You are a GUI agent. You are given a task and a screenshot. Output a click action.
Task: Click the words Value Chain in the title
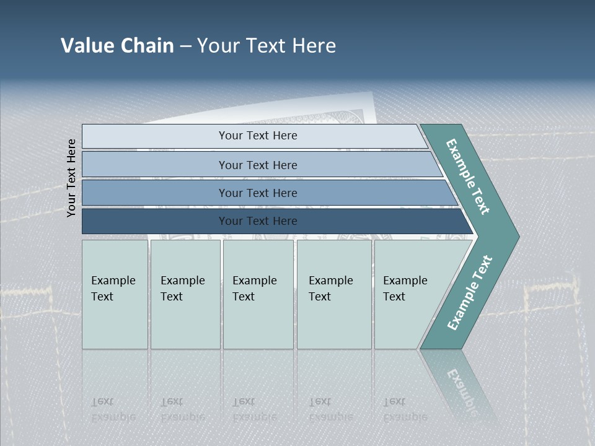[x=117, y=46]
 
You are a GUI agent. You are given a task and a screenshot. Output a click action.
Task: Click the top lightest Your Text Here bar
[x=257, y=136]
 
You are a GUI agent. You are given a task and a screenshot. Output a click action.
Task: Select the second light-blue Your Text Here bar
[x=257, y=165]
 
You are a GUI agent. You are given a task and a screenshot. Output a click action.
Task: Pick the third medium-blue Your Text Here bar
[x=257, y=193]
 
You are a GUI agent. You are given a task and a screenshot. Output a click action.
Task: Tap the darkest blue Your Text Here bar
[x=257, y=221]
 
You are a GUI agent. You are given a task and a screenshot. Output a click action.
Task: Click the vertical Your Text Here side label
[x=71, y=178]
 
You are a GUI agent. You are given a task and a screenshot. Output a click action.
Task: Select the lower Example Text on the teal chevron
[x=469, y=293]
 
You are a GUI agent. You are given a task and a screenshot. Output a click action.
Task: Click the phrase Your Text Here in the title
[x=267, y=46]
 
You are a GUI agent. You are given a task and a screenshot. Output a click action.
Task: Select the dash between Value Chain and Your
[x=185, y=46]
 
